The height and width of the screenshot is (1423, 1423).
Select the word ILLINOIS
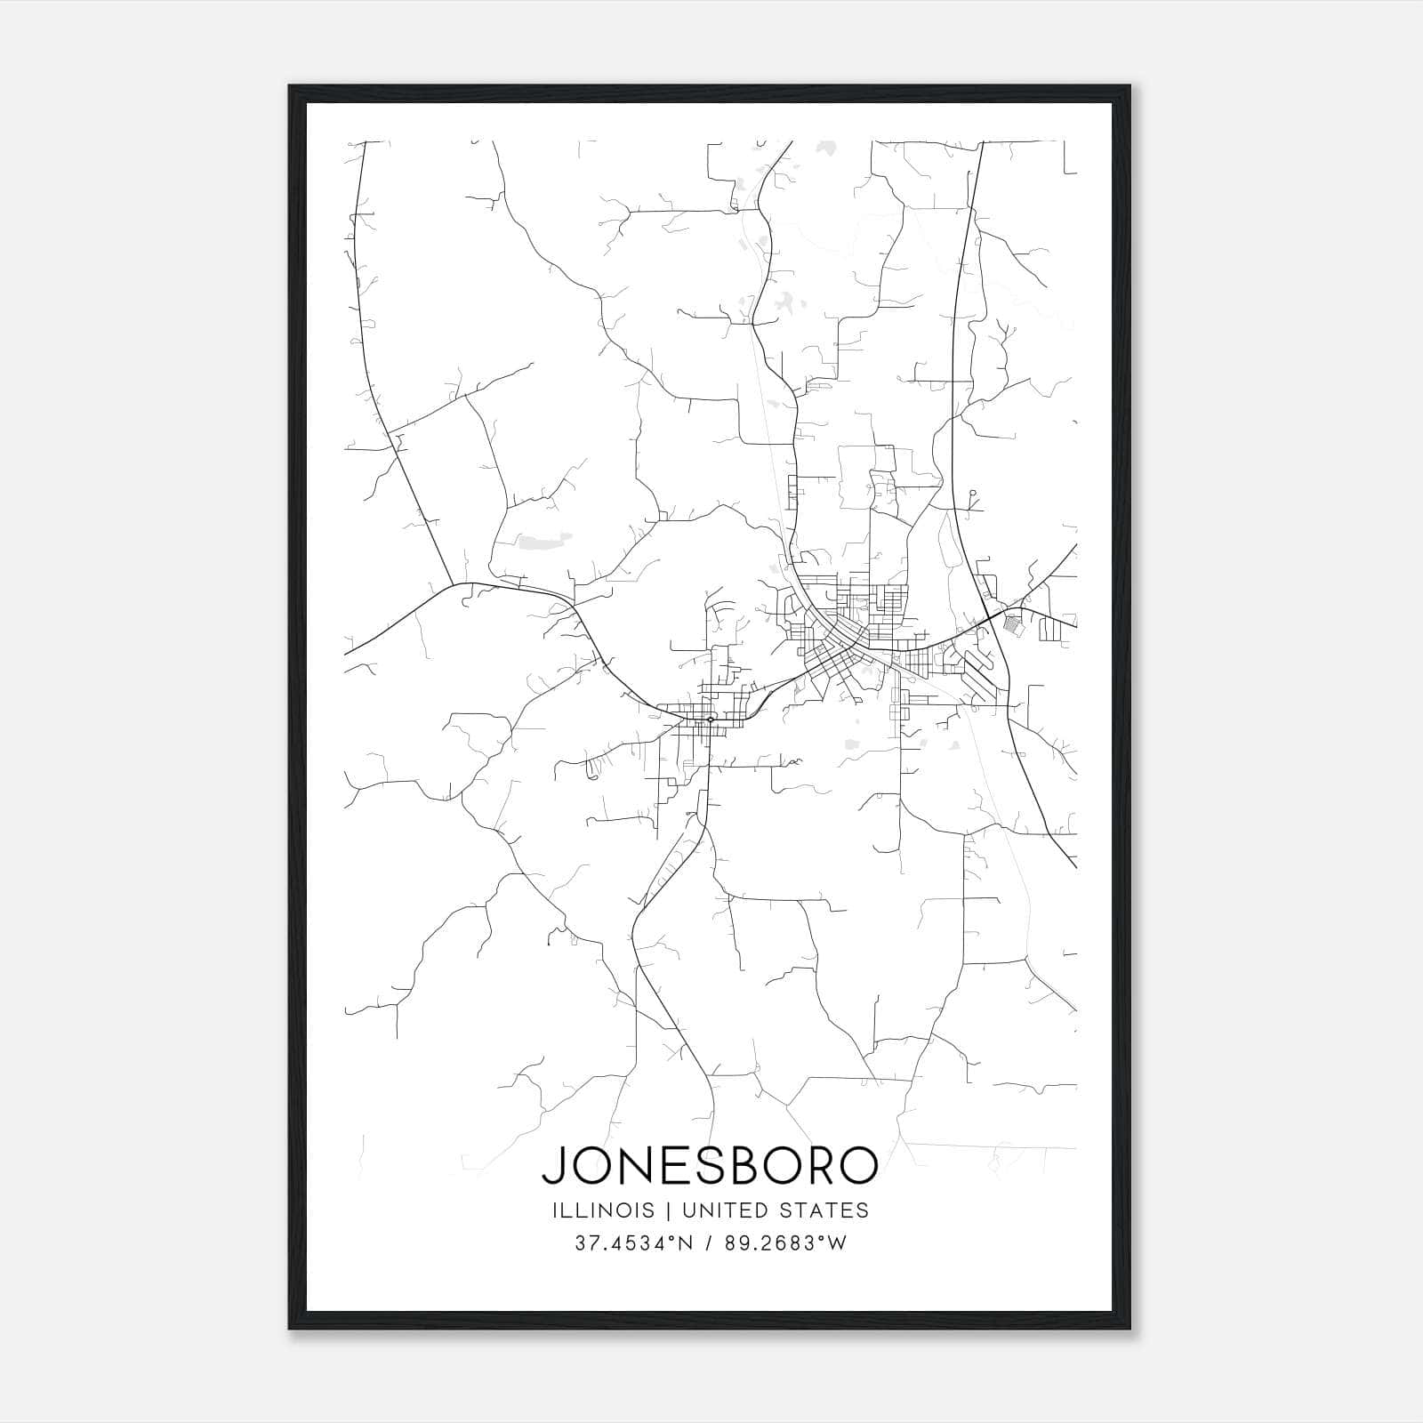click(602, 1210)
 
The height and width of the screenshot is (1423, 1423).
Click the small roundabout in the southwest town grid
click(710, 719)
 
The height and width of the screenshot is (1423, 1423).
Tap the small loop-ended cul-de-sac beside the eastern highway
click(973, 493)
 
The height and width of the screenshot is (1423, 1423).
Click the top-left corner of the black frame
click(291, 87)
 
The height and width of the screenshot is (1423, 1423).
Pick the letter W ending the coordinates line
click(838, 1243)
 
